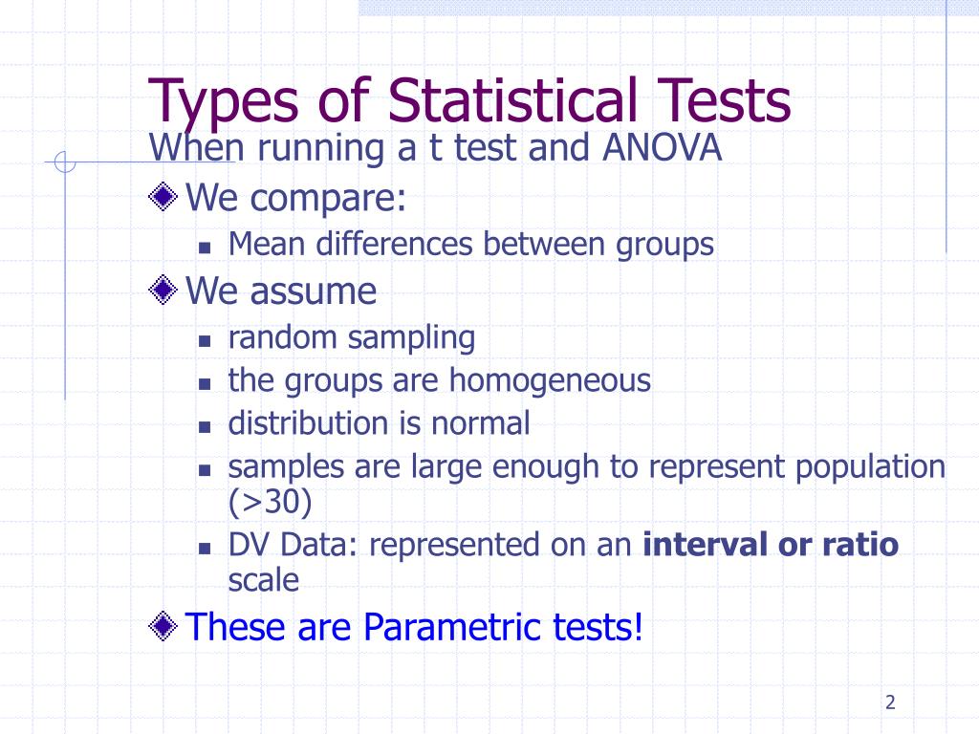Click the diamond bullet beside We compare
tap(164, 199)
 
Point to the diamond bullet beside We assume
tap(164, 290)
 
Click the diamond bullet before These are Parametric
tap(164, 627)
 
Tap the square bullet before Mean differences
tap(204, 248)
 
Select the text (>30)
tap(270, 501)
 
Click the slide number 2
tap(890, 703)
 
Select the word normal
tap(483, 422)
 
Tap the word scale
tap(263, 580)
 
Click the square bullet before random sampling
tap(204, 340)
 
